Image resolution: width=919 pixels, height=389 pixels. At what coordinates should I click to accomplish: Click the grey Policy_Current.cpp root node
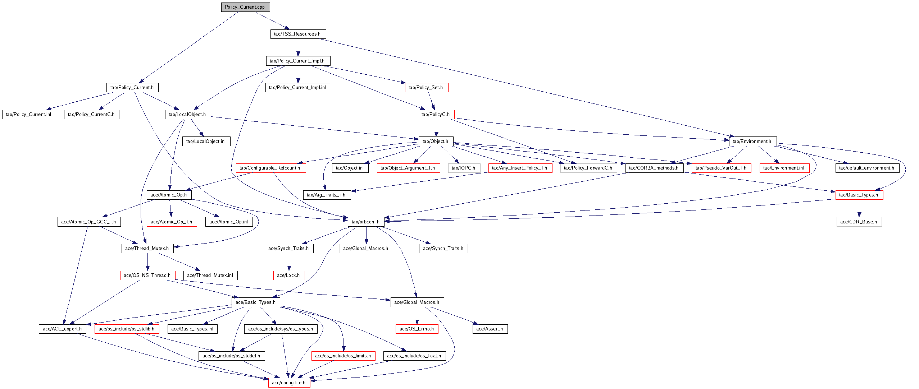245,7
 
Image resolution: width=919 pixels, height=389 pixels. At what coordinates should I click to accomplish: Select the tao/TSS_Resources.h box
297,34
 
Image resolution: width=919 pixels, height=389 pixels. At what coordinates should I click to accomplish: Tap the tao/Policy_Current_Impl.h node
297,61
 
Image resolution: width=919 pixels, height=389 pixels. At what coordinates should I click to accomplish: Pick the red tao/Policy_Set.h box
426,88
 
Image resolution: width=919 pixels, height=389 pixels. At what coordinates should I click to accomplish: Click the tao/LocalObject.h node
187,115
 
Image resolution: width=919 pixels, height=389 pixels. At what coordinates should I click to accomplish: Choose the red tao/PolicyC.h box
436,115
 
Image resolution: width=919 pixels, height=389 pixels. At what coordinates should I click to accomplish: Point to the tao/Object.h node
436,142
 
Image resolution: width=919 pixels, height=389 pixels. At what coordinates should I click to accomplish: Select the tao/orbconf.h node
366,222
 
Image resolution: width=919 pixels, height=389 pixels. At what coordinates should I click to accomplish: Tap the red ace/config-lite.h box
289,383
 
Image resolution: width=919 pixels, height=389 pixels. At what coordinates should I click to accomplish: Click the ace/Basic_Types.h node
256,302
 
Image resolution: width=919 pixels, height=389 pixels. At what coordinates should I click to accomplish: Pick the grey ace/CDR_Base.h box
859,222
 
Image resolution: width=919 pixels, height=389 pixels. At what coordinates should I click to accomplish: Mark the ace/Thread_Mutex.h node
147,249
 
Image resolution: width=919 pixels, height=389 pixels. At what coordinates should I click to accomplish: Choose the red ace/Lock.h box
288,275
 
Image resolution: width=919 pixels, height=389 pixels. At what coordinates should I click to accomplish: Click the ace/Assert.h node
490,329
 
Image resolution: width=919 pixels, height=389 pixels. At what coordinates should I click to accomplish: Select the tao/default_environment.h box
867,168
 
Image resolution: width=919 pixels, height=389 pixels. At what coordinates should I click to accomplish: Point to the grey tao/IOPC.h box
464,168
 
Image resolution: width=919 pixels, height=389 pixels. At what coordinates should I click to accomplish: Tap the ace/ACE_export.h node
62,329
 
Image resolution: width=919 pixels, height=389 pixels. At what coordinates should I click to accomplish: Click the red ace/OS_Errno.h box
417,329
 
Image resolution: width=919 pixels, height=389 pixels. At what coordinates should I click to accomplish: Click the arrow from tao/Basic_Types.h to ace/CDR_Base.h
859,208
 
